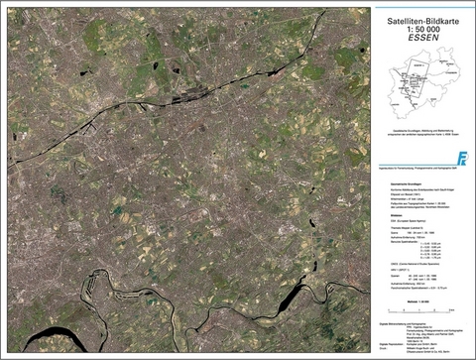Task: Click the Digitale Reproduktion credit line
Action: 417,340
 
